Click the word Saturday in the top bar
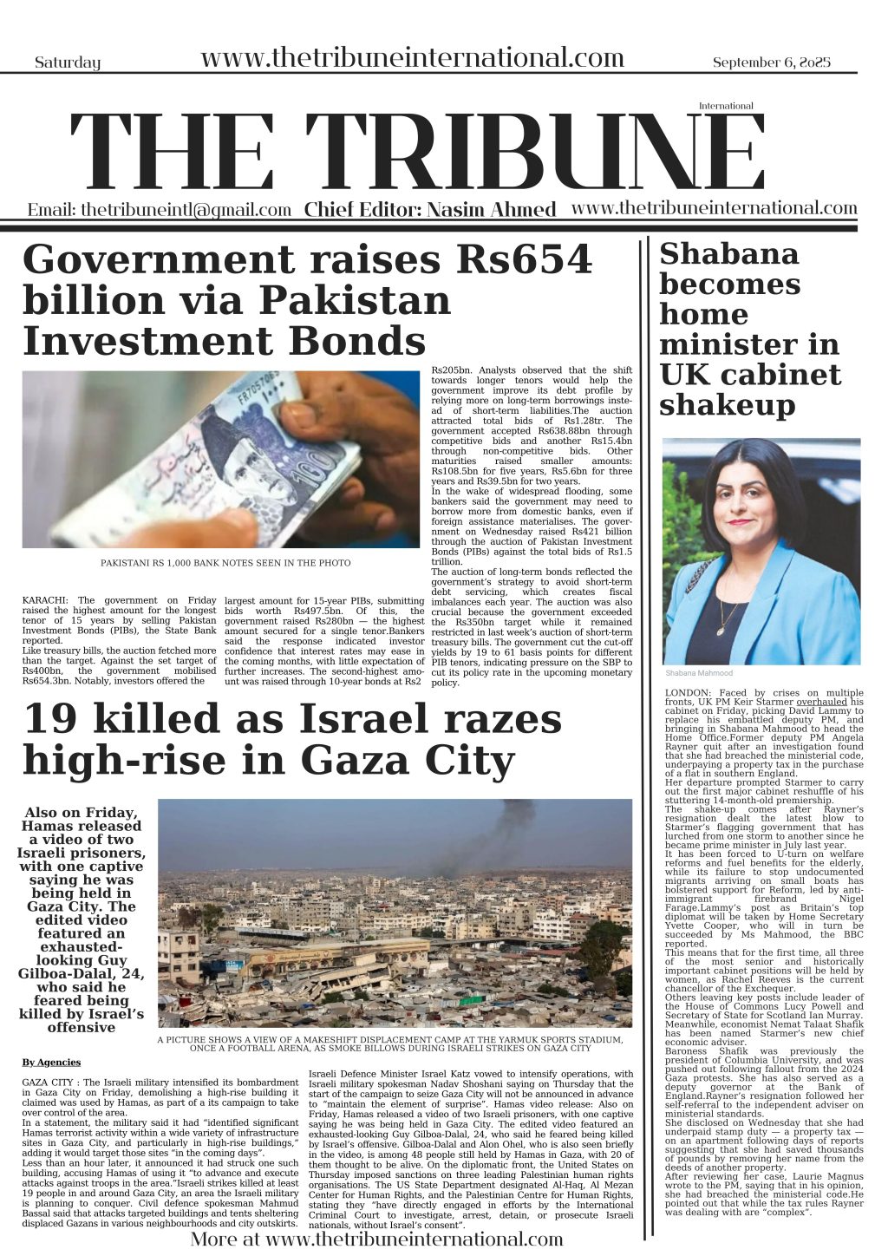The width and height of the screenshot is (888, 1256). click(x=68, y=62)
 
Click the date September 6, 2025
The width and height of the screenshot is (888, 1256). click(x=771, y=62)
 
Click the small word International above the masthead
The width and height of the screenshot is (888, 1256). click(x=726, y=106)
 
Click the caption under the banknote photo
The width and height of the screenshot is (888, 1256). click(x=225, y=563)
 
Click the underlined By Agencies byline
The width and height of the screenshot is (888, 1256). click(x=51, y=1062)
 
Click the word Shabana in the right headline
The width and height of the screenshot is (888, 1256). click(x=728, y=254)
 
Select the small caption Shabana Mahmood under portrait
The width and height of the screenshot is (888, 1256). click(x=699, y=673)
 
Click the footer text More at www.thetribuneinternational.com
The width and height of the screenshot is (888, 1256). click(x=375, y=1239)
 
